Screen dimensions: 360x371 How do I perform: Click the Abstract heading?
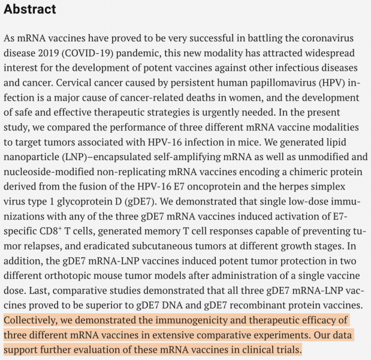(30, 9)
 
